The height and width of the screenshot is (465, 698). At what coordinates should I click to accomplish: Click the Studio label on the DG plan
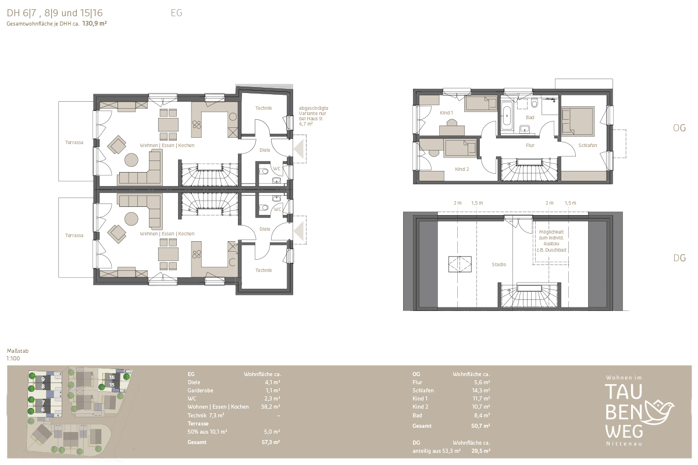(x=499, y=264)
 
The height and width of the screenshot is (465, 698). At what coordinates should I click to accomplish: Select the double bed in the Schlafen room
(x=578, y=121)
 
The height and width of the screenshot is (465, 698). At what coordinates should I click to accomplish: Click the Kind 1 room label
(x=446, y=113)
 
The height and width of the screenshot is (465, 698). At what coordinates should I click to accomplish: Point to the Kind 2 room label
(x=462, y=169)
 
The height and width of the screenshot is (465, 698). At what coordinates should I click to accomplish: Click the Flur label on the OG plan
(x=530, y=145)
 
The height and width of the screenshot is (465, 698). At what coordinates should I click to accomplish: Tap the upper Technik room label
(x=263, y=108)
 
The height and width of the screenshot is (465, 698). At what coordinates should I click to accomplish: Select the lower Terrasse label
(x=74, y=235)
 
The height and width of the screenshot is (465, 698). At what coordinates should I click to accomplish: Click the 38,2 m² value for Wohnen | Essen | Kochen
(x=270, y=407)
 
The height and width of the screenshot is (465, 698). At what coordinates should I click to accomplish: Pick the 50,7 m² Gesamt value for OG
(x=480, y=425)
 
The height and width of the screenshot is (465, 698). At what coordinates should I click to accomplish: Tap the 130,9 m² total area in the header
(x=94, y=23)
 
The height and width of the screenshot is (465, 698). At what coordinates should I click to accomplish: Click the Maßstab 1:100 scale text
(x=17, y=355)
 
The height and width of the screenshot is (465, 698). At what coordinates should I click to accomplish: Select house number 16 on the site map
(x=112, y=377)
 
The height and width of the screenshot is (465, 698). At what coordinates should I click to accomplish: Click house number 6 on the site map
(x=43, y=410)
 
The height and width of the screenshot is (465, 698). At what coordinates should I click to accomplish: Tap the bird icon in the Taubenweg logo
(x=657, y=412)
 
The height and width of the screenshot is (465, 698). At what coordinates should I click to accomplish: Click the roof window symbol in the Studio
(x=460, y=264)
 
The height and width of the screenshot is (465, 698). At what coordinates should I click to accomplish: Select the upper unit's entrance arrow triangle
(x=299, y=149)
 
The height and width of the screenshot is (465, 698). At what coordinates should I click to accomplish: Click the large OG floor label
(x=679, y=128)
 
